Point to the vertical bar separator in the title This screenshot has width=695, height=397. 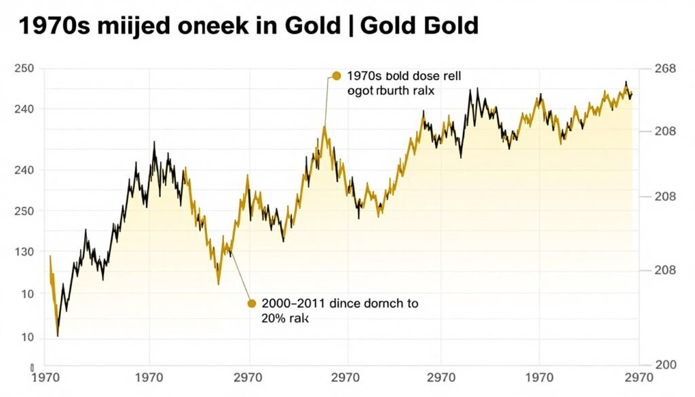351,26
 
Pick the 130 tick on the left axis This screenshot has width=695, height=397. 24,252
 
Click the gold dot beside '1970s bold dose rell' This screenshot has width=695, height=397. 335,76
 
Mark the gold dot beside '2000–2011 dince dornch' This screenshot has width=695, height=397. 252,303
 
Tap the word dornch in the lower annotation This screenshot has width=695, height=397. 383,304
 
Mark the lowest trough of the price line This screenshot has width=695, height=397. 58,336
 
